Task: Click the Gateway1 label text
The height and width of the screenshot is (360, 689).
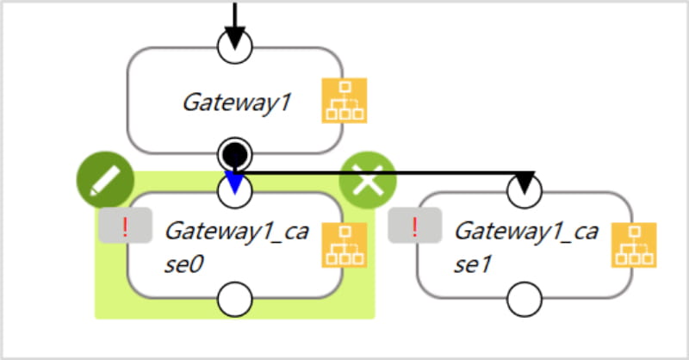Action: [x=237, y=102]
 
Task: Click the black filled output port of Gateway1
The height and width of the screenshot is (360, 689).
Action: [x=235, y=155]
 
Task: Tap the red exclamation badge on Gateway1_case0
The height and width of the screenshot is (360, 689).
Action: [x=126, y=227]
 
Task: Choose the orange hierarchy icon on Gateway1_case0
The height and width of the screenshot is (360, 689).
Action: [x=344, y=245]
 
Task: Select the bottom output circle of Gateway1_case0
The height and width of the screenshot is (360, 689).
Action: [x=235, y=301]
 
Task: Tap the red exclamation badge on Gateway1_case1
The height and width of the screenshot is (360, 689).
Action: [x=415, y=227]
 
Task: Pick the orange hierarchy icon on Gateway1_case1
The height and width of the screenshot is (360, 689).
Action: [x=634, y=245]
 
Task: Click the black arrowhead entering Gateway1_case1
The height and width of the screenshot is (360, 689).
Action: [x=525, y=182]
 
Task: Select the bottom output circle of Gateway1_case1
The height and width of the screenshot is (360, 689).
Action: [x=525, y=301]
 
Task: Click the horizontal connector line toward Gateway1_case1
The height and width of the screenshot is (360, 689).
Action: [x=388, y=173]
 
